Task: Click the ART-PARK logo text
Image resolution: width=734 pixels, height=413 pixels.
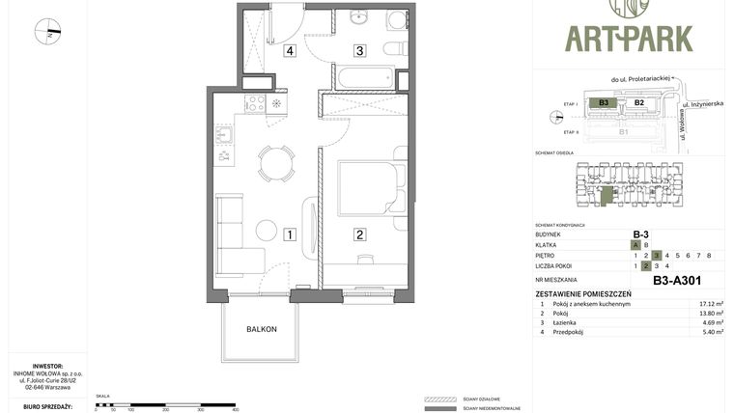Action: (629, 38)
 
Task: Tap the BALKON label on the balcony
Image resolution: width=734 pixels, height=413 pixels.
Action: (261, 329)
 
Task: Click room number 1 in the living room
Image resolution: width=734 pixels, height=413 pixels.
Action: (289, 234)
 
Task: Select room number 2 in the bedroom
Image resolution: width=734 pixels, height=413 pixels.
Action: (359, 234)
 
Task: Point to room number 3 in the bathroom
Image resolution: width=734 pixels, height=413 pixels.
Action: (359, 51)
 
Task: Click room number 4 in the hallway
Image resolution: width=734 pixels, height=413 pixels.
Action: (289, 51)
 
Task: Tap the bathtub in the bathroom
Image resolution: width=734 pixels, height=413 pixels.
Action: (364, 77)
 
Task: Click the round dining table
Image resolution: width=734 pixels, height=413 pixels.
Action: (277, 162)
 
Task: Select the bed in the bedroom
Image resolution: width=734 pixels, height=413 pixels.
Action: (371, 188)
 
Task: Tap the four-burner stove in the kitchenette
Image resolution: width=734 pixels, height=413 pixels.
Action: (255, 103)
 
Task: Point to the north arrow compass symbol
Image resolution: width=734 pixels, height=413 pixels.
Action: (47, 32)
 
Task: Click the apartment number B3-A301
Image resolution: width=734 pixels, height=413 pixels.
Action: (677, 281)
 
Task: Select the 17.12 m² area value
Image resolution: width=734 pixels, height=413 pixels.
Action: (711, 304)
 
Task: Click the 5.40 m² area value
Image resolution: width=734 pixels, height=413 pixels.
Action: (711, 332)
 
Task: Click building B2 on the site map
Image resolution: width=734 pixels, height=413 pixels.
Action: (638, 102)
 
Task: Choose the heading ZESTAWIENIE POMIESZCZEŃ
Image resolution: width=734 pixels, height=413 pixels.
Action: (583, 293)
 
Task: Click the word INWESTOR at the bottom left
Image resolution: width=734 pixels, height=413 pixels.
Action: (47, 366)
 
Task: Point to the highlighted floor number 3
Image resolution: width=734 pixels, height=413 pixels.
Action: (656, 255)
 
